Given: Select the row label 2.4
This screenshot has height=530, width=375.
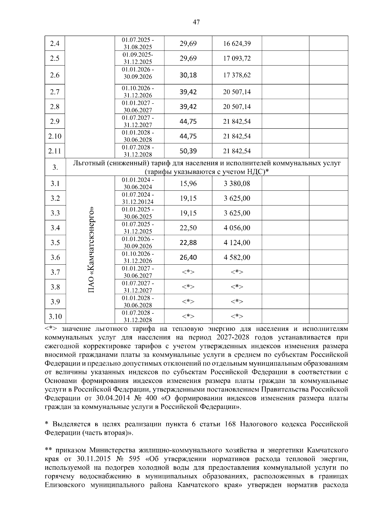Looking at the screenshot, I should pyautogui.click(x=55, y=43).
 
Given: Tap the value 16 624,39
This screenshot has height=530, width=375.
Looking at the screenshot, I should pyautogui.click(x=237, y=43).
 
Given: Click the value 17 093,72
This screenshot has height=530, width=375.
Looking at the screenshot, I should pyautogui.click(x=237, y=58).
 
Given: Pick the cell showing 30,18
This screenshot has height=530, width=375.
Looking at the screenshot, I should pyautogui.click(x=188, y=75).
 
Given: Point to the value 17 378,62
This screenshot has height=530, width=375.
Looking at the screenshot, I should pyautogui.click(x=237, y=75).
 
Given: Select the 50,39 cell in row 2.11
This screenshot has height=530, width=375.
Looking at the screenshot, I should pyautogui.click(x=188, y=151).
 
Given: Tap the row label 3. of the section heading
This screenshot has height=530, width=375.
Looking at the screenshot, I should pyautogui.click(x=55, y=168).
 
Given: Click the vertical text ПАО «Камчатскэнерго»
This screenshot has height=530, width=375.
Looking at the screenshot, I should pyautogui.click(x=91, y=250).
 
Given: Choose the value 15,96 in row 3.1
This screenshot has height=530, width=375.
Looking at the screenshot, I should pyautogui.click(x=188, y=184).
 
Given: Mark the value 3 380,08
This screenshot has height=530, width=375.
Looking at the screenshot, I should pyautogui.click(x=237, y=184).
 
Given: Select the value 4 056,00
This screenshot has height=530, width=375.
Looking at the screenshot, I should pyautogui.click(x=237, y=228).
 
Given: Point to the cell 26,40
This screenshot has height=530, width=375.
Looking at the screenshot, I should pyautogui.click(x=188, y=258).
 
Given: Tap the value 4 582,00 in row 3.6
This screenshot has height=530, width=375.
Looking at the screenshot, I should pyautogui.click(x=237, y=258).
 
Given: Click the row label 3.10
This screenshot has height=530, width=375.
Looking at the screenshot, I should pyautogui.click(x=55, y=317).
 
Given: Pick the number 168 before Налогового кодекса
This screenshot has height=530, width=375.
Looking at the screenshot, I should pyautogui.click(x=230, y=424).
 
